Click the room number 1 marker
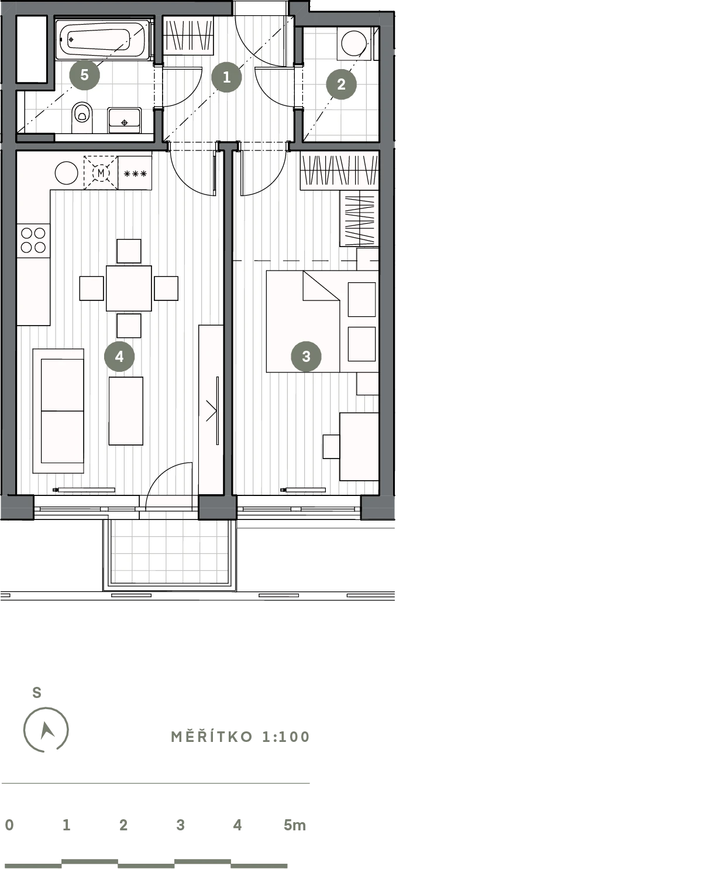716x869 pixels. (226, 77)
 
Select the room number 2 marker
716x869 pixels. (342, 84)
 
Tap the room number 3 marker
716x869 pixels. (306, 356)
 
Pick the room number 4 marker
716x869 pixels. (119, 356)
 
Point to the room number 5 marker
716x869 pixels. (84, 75)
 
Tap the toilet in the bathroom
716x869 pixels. (82, 117)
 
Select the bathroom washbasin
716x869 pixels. (125, 120)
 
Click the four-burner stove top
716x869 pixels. (33, 241)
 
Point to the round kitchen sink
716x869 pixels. (67, 173)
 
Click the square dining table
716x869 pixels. (129, 288)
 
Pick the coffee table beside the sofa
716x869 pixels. (126, 410)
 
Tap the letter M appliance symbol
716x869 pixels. (101, 173)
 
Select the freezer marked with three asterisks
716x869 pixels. (135, 173)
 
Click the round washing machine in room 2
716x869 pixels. (354, 43)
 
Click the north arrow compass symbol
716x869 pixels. (46, 730)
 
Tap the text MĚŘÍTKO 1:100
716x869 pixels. (240, 737)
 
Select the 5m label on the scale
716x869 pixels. (295, 825)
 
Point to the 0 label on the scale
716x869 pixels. (9, 825)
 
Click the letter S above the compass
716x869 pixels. (37, 693)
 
